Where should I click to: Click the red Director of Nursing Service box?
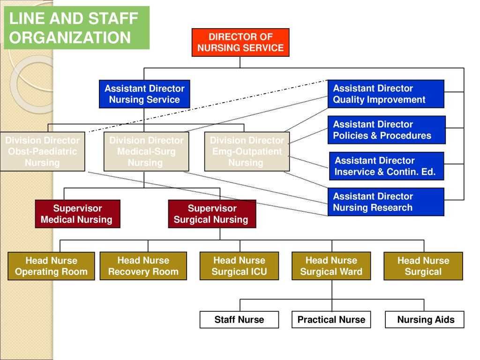pyautogui.click(x=240, y=42)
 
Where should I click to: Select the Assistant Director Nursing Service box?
pyautogui.click(x=144, y=94)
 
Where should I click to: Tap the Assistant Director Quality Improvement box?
pyautogui.click(x=386, y=94)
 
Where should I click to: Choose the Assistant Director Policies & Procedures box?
pyautogui.click(x=386, y=130)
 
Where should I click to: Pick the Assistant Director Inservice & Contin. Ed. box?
pyautogui.click(x=386, y=166)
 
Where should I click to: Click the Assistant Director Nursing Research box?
pyautogui.click(x=386, y=202)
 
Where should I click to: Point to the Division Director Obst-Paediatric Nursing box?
pyautogui.click(x=42, y=151)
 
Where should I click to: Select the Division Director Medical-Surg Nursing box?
pyautogui.click(x=146, y=151)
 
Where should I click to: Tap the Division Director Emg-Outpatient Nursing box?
pyautogui.click(x=247, y=151)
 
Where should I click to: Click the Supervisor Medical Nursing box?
pyautogui.click(x=77, y=214)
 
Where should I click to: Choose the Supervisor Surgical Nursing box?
pyautogui.click(x=212, y=214)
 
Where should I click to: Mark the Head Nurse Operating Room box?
pyautogui.click(x=51, y=266)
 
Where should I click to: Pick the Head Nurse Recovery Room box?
pyautogui.click(x=143, y=266)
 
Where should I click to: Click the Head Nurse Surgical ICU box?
pyautogui.click(x=239, y=266)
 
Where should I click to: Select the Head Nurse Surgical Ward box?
pyautogui.click(x=331, y=266)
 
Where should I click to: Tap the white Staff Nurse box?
pyautogui.click(x=239, y=320)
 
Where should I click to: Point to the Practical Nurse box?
pyautogui.click(x=331, y=320)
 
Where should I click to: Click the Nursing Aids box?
pyautogui.click(x=425, y=320)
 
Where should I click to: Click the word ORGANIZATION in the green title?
pyautogui.click(x=70, y=37)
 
